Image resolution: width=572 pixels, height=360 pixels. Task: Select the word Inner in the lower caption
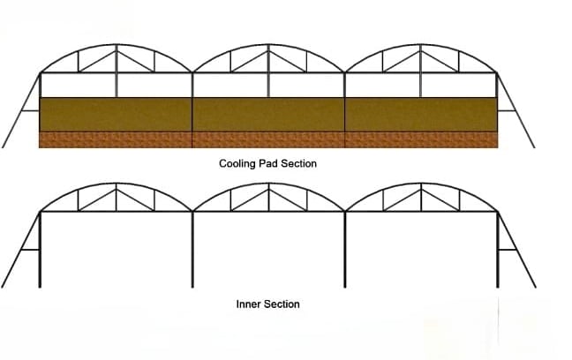tap(249, 304)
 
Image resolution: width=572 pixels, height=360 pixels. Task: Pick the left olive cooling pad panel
tap(116, 115)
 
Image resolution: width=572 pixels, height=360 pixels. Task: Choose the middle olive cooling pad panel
tap(268, 115)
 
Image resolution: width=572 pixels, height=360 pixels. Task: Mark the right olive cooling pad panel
tap(420, 115)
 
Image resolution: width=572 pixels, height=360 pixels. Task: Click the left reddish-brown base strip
tap(116, 140)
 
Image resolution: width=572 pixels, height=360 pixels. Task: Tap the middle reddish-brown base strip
tap(268, 140)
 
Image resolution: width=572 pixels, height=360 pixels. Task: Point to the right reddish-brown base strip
tap(420, 140)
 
